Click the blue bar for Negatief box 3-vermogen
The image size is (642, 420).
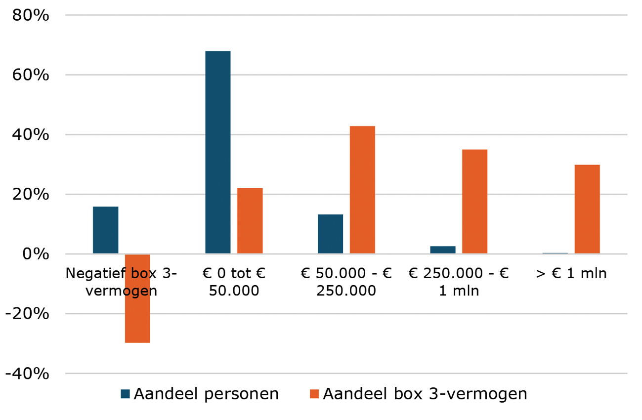coord(105,230)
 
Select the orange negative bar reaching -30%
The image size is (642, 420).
coord(137,298)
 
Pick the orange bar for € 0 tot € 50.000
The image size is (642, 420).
coord(250,221)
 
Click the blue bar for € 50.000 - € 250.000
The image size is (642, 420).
coord(330,234)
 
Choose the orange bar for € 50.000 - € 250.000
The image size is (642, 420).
coord(362,190)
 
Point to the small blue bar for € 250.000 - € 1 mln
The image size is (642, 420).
coord(443,250)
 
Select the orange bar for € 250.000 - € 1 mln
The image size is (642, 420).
coord(474,202)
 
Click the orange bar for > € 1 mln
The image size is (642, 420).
coord(587,209)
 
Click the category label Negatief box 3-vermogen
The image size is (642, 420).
coord(121,282)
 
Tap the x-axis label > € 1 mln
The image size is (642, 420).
coord(571,273)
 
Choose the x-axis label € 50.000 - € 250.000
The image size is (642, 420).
coord(346,282)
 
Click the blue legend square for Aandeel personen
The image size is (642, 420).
coord(126,394)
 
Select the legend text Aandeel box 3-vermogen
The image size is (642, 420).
coord(425,394)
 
